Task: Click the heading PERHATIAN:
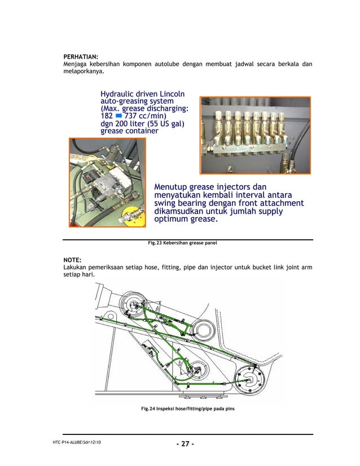[80, 57]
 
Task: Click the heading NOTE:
[73, 260]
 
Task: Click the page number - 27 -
[185, 443]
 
